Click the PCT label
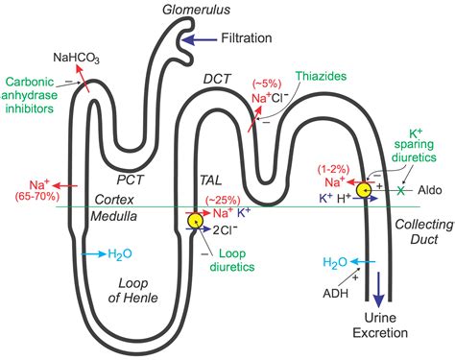(130, 179)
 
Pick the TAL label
(210, 179)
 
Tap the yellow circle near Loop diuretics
(196, 221)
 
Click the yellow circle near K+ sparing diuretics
(366, 191)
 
